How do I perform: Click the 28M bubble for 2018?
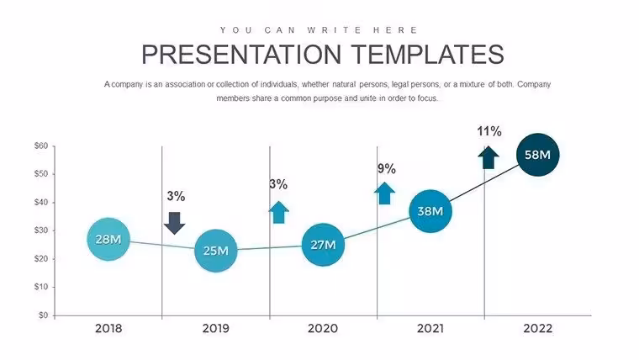click(108, 240)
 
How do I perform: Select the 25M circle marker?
click(215, 251)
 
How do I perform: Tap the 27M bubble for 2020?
click(323, 245)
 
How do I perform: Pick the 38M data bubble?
click(430, 211)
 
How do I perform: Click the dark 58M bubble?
click(537, 155)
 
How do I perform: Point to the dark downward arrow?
click(174, 223)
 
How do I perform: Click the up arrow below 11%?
click(488, 157)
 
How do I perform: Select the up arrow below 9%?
click(385, 193)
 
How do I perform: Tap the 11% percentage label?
click(489, 131)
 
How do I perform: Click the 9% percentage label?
click(386, 168)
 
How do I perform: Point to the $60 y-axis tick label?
click(41, 146)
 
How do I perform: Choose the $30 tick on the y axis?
click(41, 230)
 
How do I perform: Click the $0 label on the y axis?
click(43, 315)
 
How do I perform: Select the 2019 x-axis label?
click(215, 328)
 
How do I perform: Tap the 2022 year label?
click(537, 328)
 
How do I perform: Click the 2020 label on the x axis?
click(323, 328)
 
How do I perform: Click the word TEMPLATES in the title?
click(427, 55)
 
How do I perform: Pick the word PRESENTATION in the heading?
click(241, 55)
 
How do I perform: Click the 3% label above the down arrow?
click(176, 196)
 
